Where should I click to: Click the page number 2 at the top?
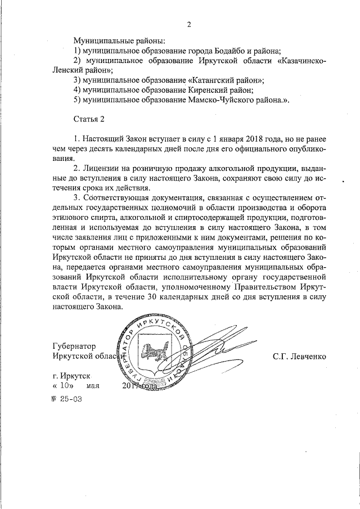click(189, 24)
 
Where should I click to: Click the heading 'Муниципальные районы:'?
click(119, 41)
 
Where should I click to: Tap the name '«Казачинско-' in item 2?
click(300, 60)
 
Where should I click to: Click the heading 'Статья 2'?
click(89, 119)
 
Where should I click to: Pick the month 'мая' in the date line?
click(93, 386)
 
